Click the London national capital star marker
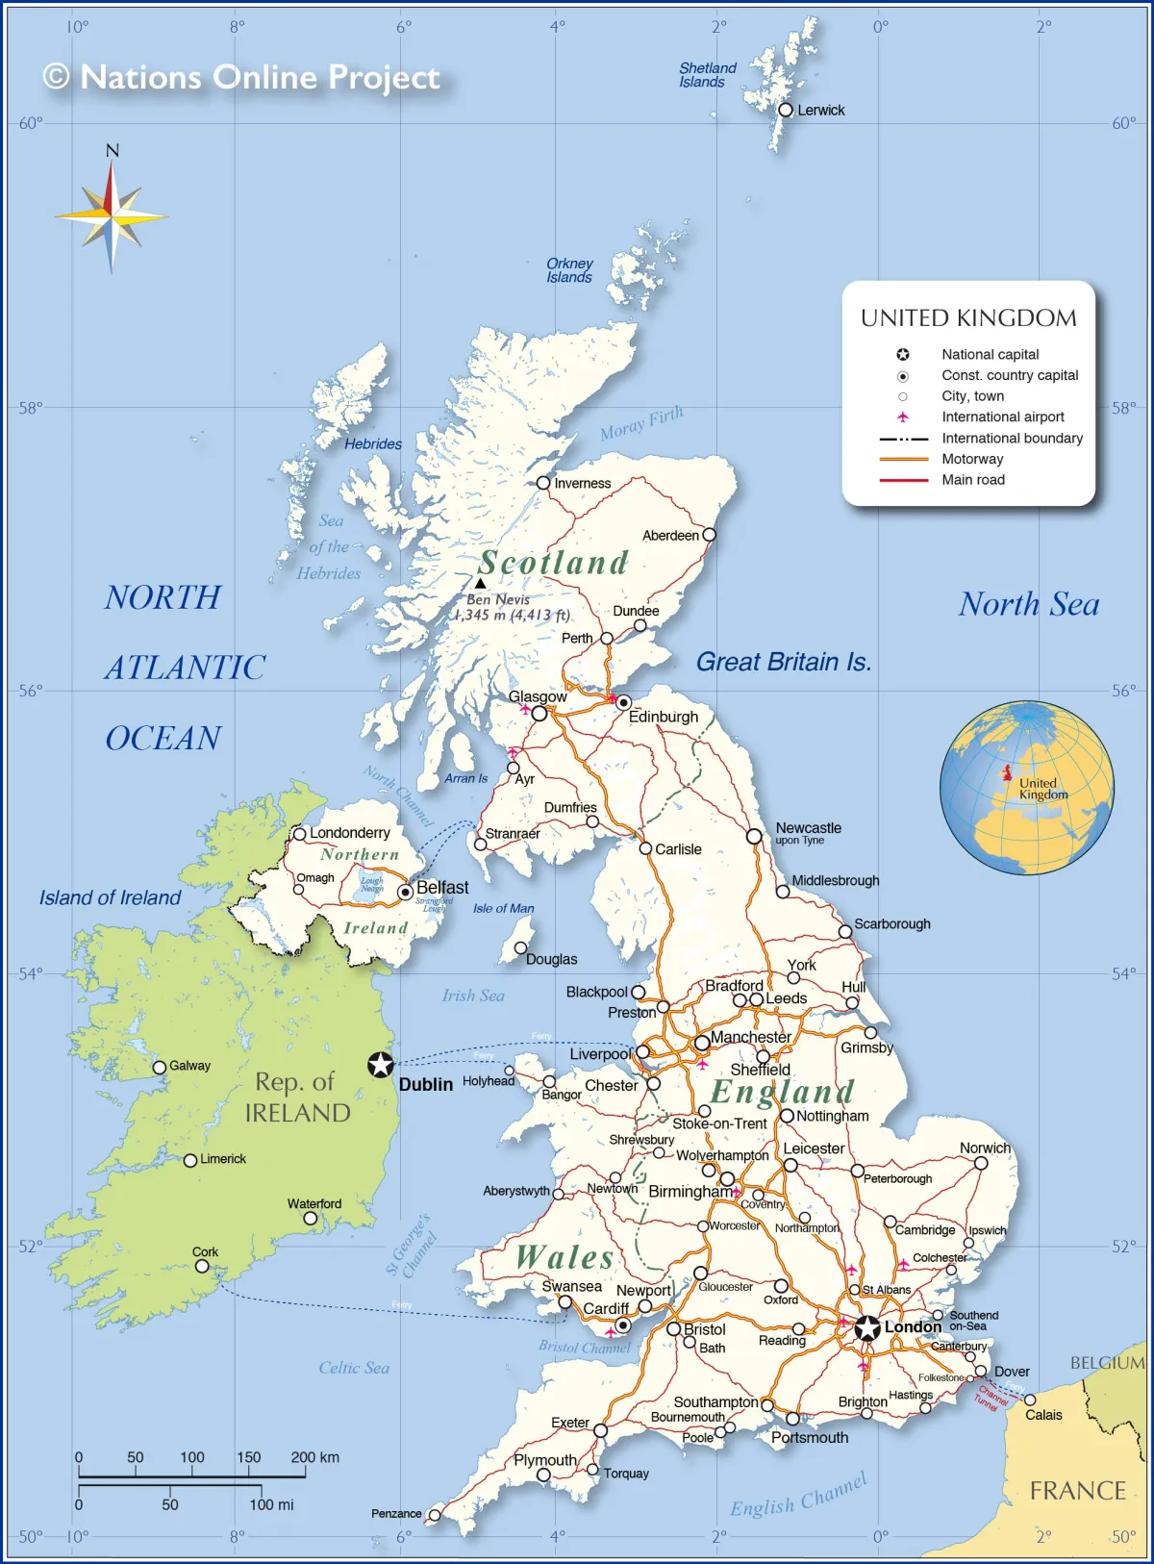click(867, 1328)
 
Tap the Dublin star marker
click(381, 1065)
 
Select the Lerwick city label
click(820, 111)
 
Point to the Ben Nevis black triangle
click(480, 583)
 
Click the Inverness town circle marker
click(543, 483)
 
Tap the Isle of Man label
click(503, 908)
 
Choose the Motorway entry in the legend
click(971, 459)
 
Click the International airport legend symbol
click(902, 416)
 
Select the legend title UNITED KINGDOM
click(968, 318)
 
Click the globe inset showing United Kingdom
click(1026, 788)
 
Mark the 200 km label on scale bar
click(314, 1457)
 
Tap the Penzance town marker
click(435, 1515)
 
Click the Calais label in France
click(1043, 1415)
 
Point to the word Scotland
click(554, 563)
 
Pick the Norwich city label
click(985, 1148)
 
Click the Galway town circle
click(160, 1067)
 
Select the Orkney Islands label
click(569, 270)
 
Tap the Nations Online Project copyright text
click(241, 77)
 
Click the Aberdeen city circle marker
click(709, 535)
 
